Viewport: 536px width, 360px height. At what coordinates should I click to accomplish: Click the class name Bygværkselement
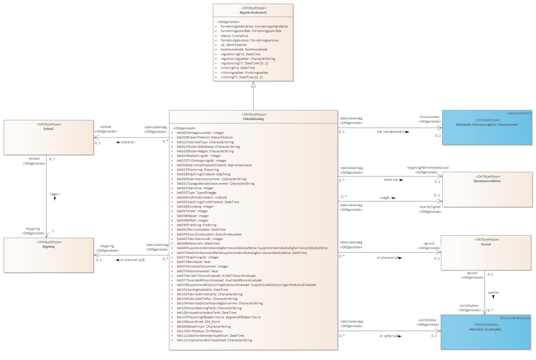253,12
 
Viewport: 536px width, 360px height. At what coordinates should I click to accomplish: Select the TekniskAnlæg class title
253,119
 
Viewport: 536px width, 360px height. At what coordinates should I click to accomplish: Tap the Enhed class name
48,129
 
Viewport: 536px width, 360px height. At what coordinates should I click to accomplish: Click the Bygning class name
48,247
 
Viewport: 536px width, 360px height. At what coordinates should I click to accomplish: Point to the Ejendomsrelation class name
487,181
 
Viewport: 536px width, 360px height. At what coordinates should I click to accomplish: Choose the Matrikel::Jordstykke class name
485,329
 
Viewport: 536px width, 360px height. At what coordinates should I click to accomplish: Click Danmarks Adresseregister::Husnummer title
487,125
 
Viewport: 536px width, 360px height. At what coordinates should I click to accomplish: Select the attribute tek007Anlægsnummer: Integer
200,133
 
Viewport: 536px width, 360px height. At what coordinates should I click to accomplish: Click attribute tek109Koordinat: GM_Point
198,322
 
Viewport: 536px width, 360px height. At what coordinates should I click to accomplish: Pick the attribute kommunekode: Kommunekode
244,49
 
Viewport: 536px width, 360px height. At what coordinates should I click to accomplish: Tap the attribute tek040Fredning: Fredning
197,225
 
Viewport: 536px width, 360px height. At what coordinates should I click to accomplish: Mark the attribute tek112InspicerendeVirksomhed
214,340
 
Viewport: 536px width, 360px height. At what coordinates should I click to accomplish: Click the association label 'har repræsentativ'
391,132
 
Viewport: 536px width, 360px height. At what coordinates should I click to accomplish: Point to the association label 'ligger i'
55,194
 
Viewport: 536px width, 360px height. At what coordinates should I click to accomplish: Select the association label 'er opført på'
389,336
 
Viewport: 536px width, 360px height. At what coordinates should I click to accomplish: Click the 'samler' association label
493,292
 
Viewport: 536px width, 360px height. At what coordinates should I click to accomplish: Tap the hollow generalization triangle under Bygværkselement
253,84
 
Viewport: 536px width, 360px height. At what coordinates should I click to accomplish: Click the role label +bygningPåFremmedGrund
428,168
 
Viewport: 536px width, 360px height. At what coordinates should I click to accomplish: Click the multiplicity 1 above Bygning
53,231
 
